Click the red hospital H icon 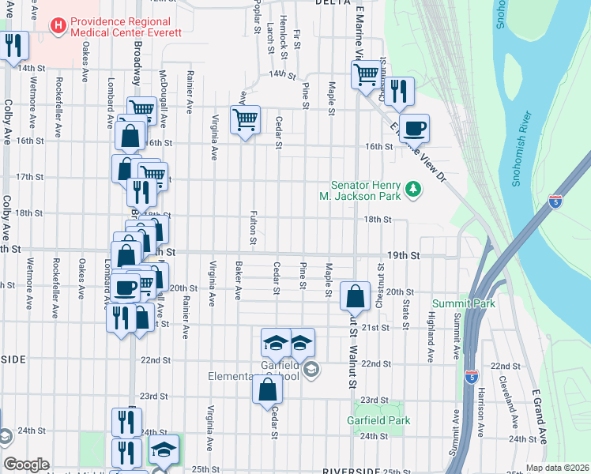[58, 26]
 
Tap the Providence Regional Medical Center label [126, 26]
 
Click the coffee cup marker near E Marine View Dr [413, 128]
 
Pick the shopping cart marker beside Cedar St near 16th [245, 121]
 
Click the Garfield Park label [378, 421]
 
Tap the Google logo [26, 465]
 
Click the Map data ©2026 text [557, 468]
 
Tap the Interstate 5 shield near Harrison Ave [471, 377]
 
